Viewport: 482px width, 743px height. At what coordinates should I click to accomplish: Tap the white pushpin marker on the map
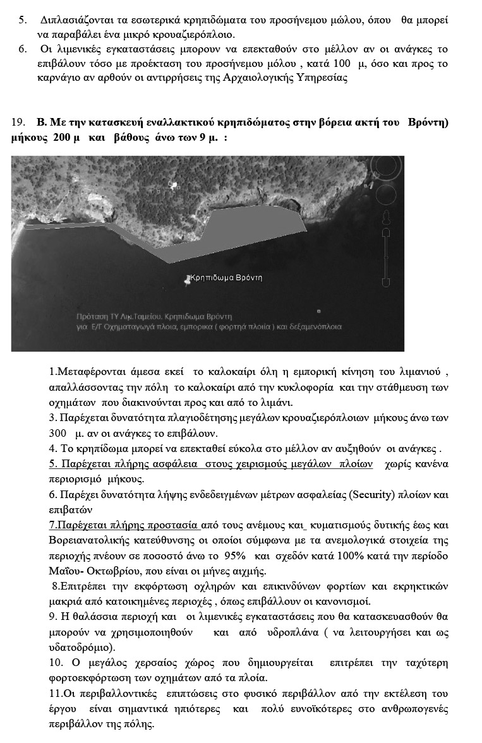(187, 279)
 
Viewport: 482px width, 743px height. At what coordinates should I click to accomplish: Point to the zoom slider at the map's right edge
(386, 253)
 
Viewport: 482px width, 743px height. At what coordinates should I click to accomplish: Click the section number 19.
(18, 122)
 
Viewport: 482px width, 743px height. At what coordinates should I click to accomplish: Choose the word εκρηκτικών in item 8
(424, 586)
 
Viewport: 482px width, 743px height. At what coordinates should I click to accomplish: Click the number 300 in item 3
(57, 433)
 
